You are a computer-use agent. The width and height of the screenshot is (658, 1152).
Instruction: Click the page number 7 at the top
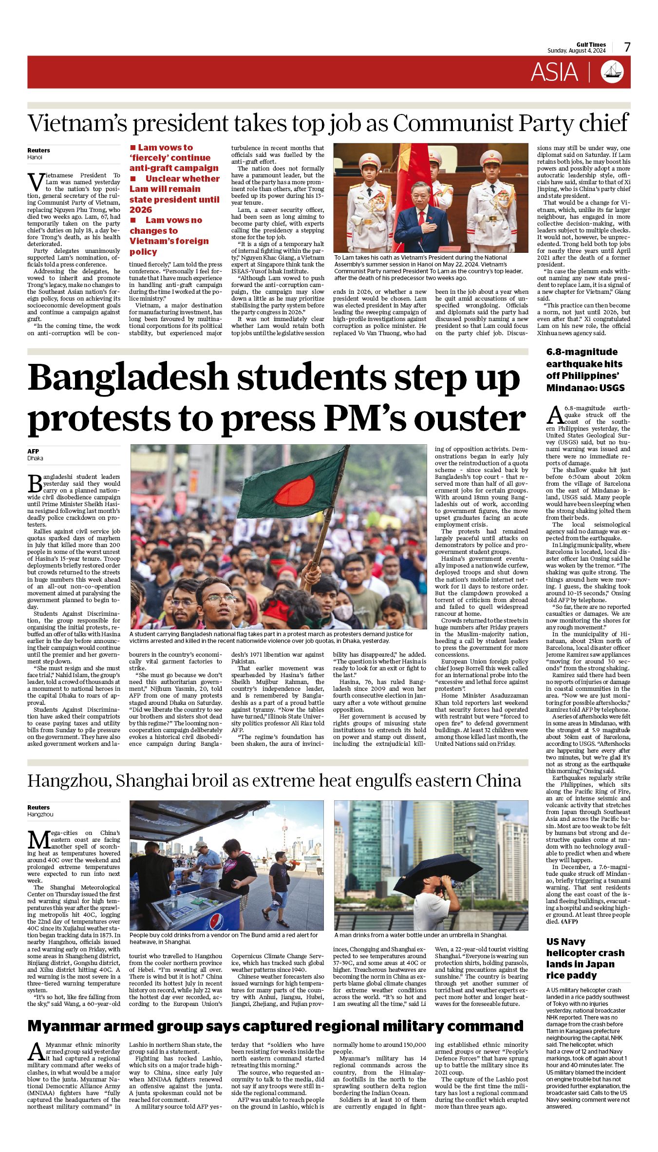pyautogui.click(x=627, y=47)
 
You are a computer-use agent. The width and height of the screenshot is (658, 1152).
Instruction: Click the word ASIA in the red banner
pyautogui.click(x=554, y=73)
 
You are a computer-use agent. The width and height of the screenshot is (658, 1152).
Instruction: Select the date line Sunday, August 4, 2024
pyautogui.click(x=576, y=51)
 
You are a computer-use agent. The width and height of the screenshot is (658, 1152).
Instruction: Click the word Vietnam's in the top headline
pyautogui.click(x=76, y=124)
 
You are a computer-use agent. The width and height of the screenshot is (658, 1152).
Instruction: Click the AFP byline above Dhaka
pyautogui.click(x=33, y=451)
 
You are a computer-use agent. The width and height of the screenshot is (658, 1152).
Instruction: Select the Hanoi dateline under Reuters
pyautogui.click(x=35, y=157)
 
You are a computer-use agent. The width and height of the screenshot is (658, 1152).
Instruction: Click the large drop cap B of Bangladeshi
pyautogui.click(x=35, y=483)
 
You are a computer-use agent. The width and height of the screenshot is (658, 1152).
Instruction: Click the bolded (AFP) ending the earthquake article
pyautogui.click(x=570, y=921)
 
